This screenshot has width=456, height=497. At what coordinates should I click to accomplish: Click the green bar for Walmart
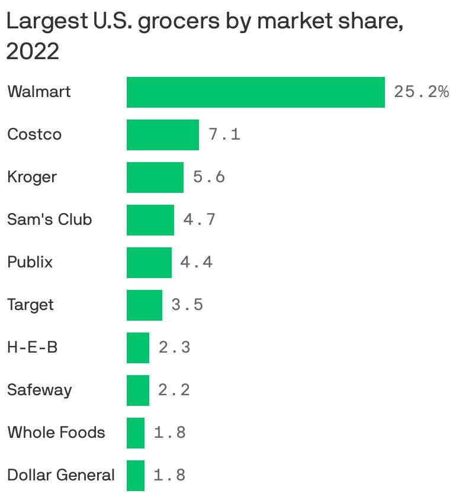255,92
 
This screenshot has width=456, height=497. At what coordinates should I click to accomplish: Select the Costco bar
162,135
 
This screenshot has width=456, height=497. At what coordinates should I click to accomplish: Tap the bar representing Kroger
155,177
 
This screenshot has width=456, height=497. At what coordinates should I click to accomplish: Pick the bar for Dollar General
135,475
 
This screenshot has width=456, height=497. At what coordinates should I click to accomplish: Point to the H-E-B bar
137,348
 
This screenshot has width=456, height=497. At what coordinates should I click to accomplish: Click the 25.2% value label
421,92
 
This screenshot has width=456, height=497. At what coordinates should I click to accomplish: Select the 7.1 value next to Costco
224,135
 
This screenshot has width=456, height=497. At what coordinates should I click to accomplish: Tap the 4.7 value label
199,220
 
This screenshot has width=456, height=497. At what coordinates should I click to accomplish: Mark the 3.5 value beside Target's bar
187,305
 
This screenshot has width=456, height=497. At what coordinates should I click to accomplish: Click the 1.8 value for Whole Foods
169,433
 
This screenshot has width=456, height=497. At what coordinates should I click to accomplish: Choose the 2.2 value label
174,390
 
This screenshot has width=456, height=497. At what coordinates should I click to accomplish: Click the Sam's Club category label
49,220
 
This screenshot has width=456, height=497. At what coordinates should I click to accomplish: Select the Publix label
30,262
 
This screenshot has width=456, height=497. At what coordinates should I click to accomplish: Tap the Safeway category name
39,390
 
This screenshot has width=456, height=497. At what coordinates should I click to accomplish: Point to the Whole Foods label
56,433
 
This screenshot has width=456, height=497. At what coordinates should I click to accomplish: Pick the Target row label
30,305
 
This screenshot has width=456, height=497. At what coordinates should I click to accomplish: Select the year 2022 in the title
33,52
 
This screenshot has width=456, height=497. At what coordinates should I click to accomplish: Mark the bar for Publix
149,263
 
